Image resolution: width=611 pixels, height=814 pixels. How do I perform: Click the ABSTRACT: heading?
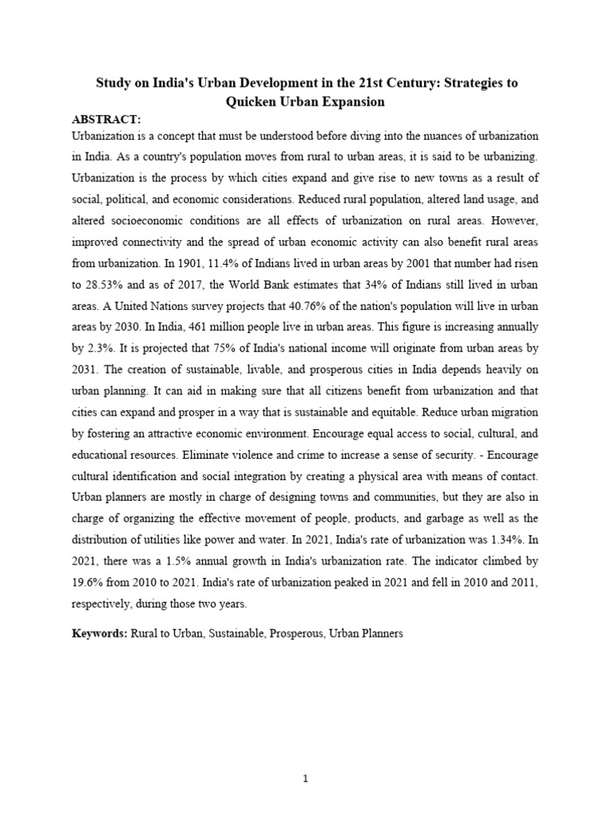106,119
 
